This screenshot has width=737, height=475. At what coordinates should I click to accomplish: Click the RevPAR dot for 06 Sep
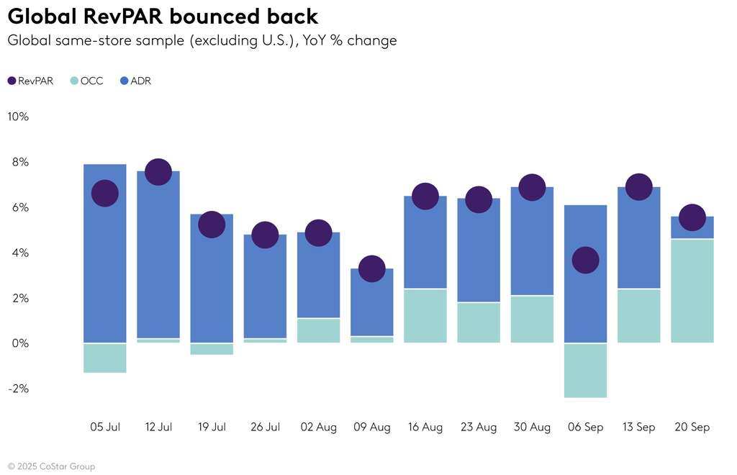coord(585,260)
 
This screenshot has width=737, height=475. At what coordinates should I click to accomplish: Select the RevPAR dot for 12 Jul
coord(158,171)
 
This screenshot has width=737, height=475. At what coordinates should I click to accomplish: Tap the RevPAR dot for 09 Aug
coord(371,268)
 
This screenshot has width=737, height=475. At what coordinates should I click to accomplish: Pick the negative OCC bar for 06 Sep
coord(585,370)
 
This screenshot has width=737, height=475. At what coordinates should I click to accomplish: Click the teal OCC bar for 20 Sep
coord(692,291)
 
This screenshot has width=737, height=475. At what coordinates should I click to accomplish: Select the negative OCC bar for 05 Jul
coord(105,358)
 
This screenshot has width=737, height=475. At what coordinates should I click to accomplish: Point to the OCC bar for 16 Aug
coord(425,315)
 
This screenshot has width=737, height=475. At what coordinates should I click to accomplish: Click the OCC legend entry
coord(86,81)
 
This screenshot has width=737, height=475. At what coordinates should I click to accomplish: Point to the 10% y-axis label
coord(18,117)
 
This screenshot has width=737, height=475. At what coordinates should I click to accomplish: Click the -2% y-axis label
coord(17,389)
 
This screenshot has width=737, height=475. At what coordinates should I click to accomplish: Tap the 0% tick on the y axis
coord(19,343)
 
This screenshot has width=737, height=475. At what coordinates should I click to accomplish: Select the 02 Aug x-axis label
coord(318,427)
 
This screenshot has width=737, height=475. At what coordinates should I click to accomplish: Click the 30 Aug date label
coord(532,427)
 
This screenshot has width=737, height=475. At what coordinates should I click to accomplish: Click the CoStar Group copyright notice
coord(51,466)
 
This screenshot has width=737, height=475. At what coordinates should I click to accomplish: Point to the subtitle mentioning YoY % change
coord(202,40)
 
